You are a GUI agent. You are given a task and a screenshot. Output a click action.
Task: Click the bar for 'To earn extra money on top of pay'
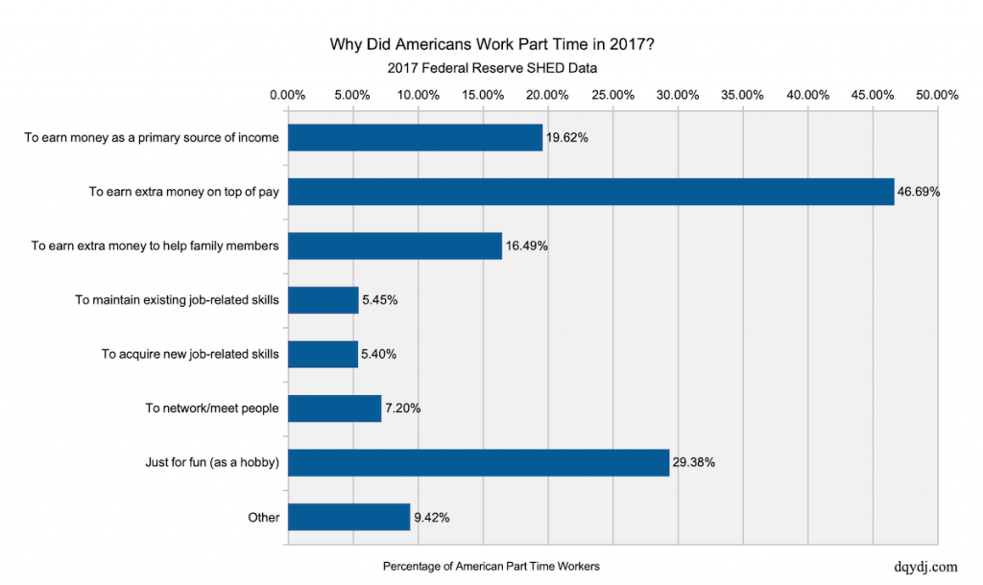[590, 192]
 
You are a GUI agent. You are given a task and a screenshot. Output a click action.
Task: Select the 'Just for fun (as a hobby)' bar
[478, 463]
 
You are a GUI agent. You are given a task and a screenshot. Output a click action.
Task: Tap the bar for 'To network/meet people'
[334, 409]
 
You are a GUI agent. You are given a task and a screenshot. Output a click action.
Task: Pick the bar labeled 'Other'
[348, 518]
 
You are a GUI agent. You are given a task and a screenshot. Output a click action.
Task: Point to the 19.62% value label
[567, 138]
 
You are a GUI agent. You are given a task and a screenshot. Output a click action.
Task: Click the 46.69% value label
[919, 192]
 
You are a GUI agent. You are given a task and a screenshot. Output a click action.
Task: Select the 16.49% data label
[527, 246]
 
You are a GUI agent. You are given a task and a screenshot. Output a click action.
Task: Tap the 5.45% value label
[380, 300]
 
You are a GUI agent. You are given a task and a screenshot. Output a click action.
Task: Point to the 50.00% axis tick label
[937, 95]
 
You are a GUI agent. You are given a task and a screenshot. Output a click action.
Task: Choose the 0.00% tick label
[288, 95]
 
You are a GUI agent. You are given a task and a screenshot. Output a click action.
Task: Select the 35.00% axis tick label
[742, 95]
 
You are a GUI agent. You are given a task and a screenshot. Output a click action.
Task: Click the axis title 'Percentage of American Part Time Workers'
[491, 567]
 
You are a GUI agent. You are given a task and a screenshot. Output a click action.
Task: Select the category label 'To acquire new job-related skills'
[190, 355]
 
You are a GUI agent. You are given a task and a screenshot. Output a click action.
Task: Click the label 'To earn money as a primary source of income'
[152, 138]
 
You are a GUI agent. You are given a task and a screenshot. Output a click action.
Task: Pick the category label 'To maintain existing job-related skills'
[177, 300]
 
